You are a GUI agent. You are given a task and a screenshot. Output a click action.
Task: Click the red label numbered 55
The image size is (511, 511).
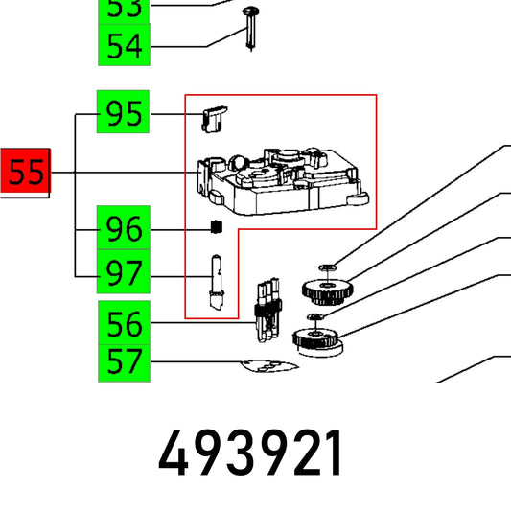pyautogui.click(x=26, y=171)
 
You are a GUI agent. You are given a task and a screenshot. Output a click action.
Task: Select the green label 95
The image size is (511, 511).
pyautogui.click(x=123, y=112)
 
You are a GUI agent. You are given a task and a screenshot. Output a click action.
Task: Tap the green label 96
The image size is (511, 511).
pyautogui.click(x=124, y=227)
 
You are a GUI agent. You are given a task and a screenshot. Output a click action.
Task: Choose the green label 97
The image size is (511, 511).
pyautogui.click(x=124, y=271)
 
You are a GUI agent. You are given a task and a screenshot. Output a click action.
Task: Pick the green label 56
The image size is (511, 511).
pyautogui.click(x=124, y=323)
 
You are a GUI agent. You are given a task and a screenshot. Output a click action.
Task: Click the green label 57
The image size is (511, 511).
pyautogui.click(x=124, y=363)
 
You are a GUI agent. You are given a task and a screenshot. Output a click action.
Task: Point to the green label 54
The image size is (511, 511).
pyautogui.click(x=124, y=45)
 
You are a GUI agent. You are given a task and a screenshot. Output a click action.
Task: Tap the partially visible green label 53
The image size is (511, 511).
pyautogui.click(x=124, y=12)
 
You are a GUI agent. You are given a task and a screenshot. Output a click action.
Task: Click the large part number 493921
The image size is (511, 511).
pyautogui.click(x=249, y=453)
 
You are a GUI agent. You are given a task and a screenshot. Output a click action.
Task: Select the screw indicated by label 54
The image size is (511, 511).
pyautogui.click(x=250, y=30)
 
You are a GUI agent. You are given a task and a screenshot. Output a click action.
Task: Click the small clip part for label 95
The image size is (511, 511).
pyautogui.click(x=214, y=119)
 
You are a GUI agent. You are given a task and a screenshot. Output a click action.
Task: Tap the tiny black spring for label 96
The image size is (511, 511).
pyautogui.click(x=217, y=227)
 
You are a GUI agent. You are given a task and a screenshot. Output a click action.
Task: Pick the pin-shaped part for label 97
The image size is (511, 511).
pyautogui.click(x=217, y=282)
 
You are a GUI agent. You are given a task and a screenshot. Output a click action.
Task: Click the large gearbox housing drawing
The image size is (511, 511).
pyautogui.click(x=283, y=181)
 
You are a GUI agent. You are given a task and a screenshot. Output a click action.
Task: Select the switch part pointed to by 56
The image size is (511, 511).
pyautogui.click(x=267, y=311)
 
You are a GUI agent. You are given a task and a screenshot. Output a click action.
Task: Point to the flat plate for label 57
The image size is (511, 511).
pyautogui.click(x=269, y=366)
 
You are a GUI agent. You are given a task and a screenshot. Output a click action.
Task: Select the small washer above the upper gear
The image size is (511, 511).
pyautogui.click(x=328, y=267)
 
